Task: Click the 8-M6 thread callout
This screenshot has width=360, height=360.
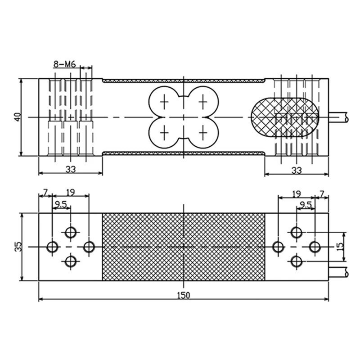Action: click(x=64, y=64)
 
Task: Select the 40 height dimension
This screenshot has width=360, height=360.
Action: click(x=17, y=117)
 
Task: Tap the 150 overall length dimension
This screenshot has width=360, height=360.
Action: click(x=184, y=295)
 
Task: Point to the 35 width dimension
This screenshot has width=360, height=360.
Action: click(x=17, y=247)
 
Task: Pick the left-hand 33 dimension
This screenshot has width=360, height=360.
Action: click(x=70, y=169)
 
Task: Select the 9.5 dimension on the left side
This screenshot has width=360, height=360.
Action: click(x=61, y=205)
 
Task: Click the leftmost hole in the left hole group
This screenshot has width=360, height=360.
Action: click(x=52, y=247)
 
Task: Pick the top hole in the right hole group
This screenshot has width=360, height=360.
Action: click(x=296, y=232)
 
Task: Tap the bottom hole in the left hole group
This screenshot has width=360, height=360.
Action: click(x=71, y=261)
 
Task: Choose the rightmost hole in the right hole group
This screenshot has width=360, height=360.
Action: click(x=315, y=247)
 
